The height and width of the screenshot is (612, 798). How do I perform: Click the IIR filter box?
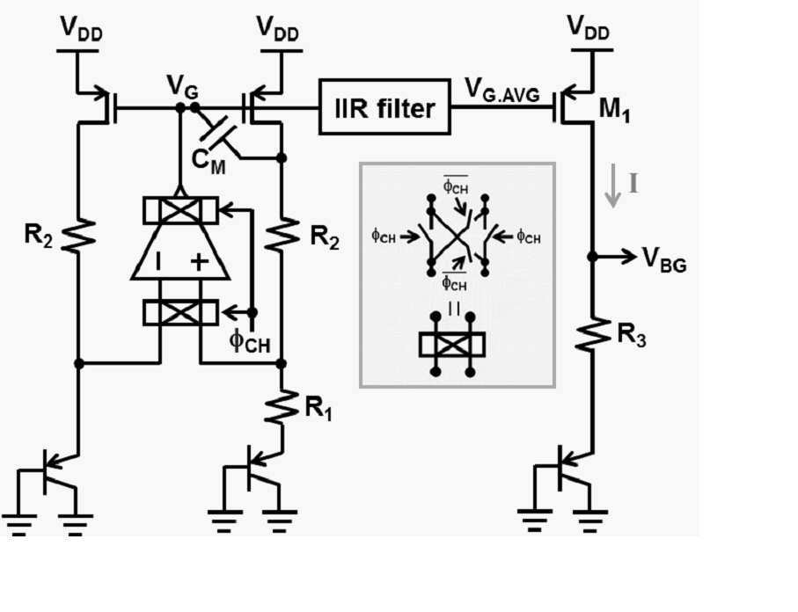coord(384,106)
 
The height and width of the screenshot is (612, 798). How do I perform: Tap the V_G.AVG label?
coord(502,91)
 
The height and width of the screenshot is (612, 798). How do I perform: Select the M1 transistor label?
coord(614,109)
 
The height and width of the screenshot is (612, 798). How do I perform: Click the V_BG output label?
coord(664,259)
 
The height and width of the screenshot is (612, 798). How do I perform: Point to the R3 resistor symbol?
coord(592,334)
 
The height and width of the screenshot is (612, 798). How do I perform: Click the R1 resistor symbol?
coord(281,406)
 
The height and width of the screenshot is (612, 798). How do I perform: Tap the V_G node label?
coord(183,88)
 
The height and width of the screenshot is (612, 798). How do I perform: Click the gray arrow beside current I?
coord(613,186)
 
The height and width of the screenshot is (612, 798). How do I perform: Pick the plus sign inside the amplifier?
coord(200,261)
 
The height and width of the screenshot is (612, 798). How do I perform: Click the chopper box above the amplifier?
coord(181,210)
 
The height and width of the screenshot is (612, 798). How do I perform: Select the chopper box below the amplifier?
coord(181,312)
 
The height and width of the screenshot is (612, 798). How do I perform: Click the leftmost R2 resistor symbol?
coord(78,235)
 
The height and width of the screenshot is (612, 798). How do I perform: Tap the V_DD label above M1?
coord(588,27)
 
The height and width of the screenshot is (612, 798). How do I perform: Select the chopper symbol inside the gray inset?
coord(452,345)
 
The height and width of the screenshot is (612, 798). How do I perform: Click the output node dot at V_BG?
coord(592,257)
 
